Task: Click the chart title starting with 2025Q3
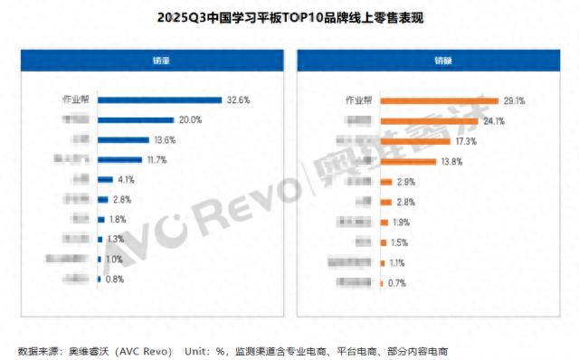[x=289, y=17]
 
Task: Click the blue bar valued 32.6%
[x=159, y=100]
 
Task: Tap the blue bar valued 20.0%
[x=136, y=120]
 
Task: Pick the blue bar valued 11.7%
[x=119, y=160]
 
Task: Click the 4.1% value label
[x=128, y=180]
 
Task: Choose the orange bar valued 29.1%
[x=439, y=100]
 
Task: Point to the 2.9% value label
[x=407, y=182]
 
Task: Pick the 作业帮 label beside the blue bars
[x=77, y=100]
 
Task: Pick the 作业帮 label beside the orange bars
[x=360, y=100]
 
